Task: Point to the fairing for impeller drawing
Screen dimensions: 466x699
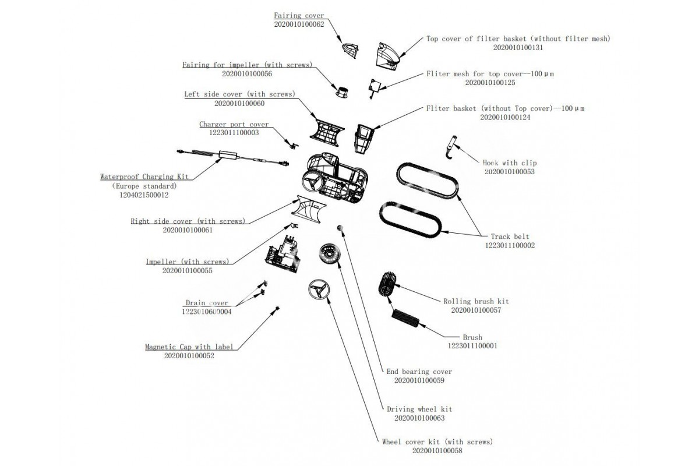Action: pos(343,91)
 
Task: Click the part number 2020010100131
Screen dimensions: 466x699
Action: pos(518,48)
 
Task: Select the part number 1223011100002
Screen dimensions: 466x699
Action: pos(510,246)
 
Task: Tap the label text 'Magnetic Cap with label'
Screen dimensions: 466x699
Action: pos(189,347)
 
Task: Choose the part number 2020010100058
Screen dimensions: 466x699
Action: pos(437,451)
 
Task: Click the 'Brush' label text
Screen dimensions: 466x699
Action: pos(472,337)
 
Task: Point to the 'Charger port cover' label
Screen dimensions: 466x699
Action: pos(234,124)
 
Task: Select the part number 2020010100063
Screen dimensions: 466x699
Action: pos(419,418)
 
